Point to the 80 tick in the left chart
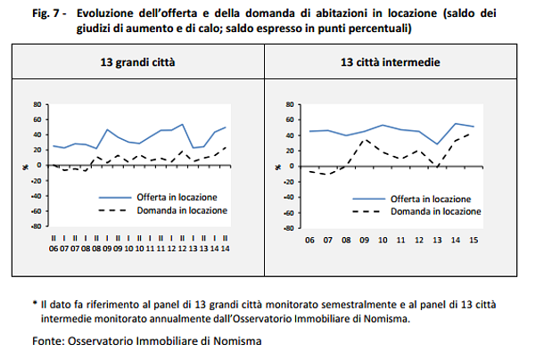tap(37, 104)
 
